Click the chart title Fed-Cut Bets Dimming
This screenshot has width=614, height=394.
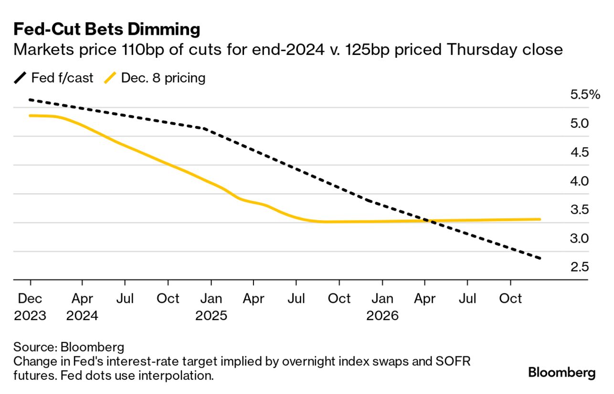click(x=106, y=30)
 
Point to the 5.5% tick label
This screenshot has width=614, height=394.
click(x=585, y=94)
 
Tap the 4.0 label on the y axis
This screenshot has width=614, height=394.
click(x=580, y=181)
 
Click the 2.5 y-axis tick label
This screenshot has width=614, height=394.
click(x=580, y=267)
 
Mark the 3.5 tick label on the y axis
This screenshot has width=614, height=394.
click(x=580, y=209)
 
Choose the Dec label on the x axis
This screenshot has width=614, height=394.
click(x=30, y=299)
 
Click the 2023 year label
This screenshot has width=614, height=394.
click(x=30, y=316)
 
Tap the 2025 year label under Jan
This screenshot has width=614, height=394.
click(x=211, y=316)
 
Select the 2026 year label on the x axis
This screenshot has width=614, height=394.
click(x=382, y=316)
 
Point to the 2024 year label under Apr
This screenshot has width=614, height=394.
click(x=82, y=316)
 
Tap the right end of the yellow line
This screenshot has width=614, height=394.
click(x=540, y=219)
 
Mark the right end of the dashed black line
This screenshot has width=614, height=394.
click(x=540, y=259)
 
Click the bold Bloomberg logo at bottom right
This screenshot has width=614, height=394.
click(x=562, y=373)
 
